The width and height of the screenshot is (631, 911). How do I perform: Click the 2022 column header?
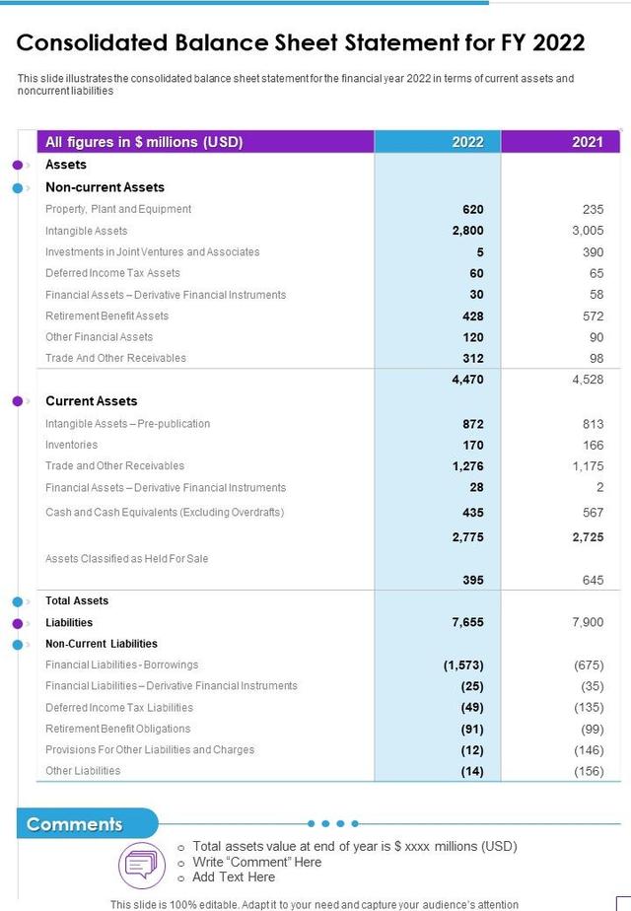tap(467, 142)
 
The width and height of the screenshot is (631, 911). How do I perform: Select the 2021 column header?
tap(588, 142)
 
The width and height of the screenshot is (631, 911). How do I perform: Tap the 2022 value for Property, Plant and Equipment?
tap(472, 209)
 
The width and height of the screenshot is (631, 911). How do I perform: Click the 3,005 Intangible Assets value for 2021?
tap(588, 231)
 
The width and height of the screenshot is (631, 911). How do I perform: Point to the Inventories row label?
tap(71, 445)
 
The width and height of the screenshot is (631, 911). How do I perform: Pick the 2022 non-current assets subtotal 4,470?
tap(467, 379)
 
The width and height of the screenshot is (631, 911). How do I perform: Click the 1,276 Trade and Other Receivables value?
tap(467, 466)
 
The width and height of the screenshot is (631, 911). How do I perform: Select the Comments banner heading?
tap(75, 824)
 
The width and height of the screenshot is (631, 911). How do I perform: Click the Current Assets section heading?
tap(91, 401)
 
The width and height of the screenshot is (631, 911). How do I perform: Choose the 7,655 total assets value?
tap(467, 622)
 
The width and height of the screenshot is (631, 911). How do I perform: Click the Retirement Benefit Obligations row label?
tap(117, 729)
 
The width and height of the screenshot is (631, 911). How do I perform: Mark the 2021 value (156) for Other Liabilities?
tap(589, 771)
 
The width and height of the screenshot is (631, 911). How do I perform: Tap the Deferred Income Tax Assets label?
tap(112, 273)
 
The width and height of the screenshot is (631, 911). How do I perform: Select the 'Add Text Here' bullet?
tap(234, 876)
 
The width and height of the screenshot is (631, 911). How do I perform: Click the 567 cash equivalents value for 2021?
tap(592, 513)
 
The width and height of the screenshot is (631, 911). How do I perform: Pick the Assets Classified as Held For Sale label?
tap(126, 558)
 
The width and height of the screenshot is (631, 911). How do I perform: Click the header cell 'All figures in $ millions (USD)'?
tap(144, 142)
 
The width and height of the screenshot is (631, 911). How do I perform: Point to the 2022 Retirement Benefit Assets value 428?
tap(472, 315)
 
